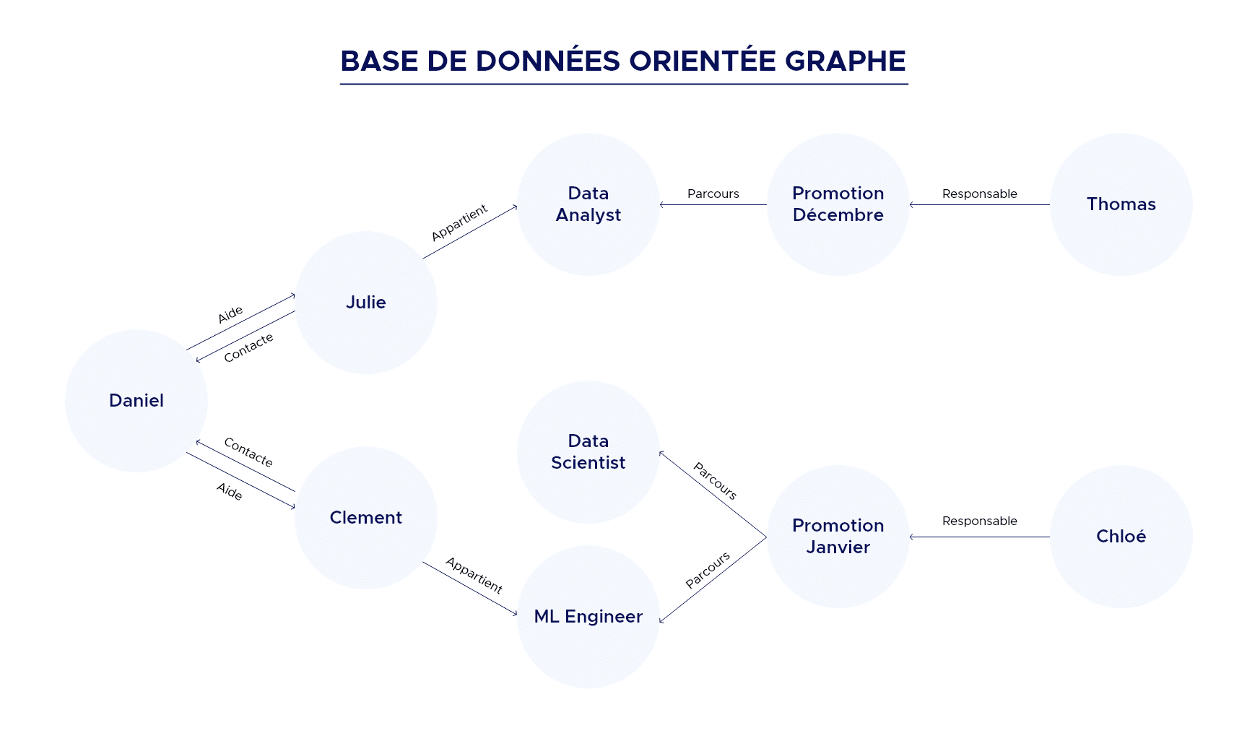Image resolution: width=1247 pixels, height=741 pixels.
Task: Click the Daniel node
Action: [x=136, y=401]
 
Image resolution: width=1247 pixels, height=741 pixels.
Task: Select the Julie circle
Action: [x=366, y=303]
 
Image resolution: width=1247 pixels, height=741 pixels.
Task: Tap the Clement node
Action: [x=366, y=518]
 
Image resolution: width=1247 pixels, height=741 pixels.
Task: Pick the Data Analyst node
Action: [x=588, y=204]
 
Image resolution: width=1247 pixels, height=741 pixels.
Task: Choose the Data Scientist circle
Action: [x=588, y=452]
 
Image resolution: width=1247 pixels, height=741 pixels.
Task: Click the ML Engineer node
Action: [x=588, y=617]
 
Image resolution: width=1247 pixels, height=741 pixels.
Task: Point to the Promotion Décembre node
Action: [x=838, y=204]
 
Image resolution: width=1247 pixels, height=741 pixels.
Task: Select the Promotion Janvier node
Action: [x=838, y=537]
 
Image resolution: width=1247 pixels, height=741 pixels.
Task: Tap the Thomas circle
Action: [x=1121, y=204]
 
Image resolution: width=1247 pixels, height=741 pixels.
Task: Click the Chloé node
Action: [x=1121, y=537]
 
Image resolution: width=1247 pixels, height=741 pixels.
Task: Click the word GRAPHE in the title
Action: [x=845, y=61]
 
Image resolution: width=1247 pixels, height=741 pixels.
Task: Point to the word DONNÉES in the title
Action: [x=547, y=61]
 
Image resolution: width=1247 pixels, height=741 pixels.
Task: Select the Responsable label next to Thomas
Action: [x=979, y=194]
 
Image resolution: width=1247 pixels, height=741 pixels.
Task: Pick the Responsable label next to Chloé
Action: [x=979, y=521]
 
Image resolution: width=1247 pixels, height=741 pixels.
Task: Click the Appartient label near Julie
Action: [x=459, y=222]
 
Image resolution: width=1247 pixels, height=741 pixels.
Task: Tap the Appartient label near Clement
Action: [x=474, y=575]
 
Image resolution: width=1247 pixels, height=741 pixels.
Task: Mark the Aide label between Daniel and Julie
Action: [x=230, y=315]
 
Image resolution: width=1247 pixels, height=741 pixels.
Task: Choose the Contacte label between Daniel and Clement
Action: [x=248, y=452]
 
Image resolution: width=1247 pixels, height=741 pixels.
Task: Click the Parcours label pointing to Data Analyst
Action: [x=713, y=194]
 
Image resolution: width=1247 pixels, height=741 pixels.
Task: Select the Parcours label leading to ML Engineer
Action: [x=708, y=570]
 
